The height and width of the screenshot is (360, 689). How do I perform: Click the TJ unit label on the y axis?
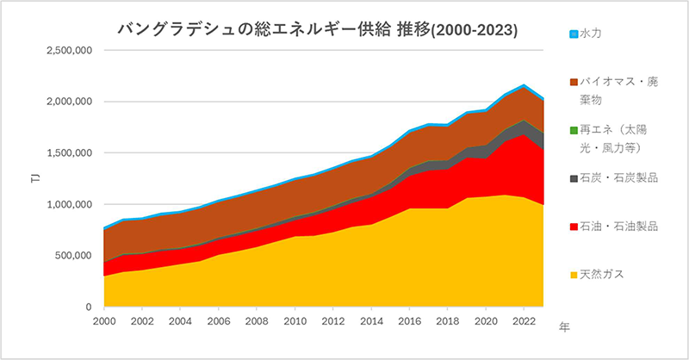[34, 179]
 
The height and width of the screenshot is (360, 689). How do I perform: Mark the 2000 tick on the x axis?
[103, 320]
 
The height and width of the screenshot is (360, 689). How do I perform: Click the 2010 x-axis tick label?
[295, 320]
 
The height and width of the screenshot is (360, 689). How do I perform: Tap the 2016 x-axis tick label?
[411, 320]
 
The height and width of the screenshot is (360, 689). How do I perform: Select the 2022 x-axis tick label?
[525, 320]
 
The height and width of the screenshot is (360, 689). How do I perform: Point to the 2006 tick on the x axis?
[219, 320]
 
